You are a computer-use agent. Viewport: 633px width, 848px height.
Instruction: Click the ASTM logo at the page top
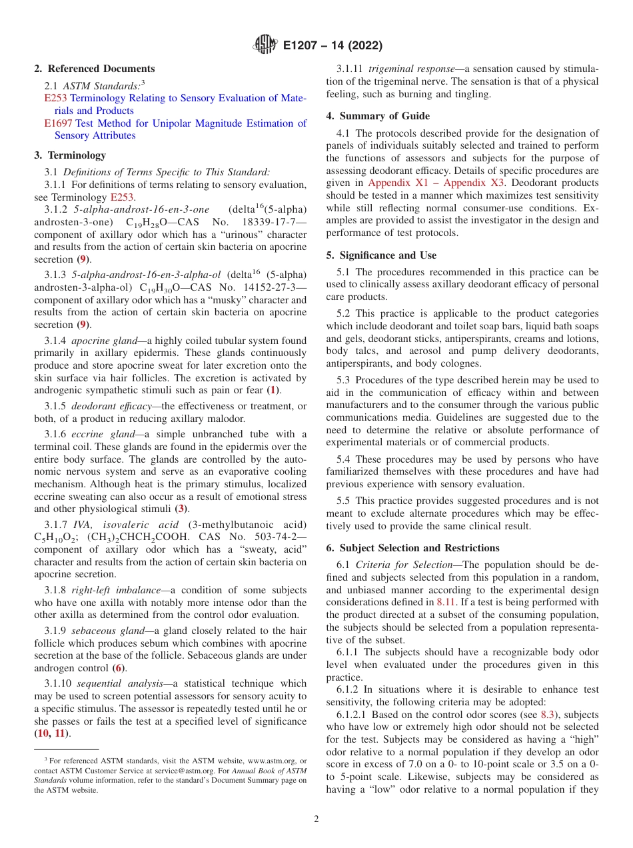pyautogui.click(x=265, y=46)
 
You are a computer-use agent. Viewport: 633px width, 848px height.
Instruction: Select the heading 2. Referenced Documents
pyautogui.click(x=95, y=69)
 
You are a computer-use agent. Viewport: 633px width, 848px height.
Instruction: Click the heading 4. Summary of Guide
pyautogui.click(x=378, y=115)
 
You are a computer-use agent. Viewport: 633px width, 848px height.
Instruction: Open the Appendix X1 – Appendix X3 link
pyautogui.click(x=436, y=182)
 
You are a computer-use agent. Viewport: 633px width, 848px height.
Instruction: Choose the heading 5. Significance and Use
pyautogui.click(x=381, y=255)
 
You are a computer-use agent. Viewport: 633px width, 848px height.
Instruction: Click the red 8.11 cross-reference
pyautogui.click(x=446, y=601)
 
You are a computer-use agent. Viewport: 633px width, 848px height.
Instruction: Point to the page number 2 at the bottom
pyautogui.click(x=316, y=819)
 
